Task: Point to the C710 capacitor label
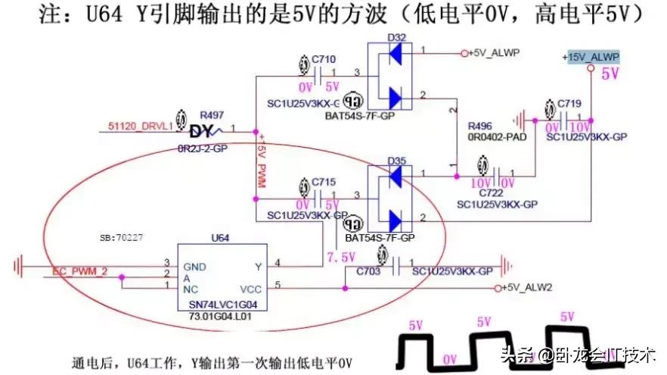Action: [323, 58]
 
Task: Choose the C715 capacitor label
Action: [323, 183]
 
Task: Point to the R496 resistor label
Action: [481, 126]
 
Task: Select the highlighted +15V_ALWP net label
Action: [591, 58]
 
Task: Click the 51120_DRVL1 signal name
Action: [140, 127]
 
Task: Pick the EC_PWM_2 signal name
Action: [79, 271]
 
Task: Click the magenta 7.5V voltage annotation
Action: [340, 258]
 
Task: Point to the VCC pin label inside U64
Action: [250, 288]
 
